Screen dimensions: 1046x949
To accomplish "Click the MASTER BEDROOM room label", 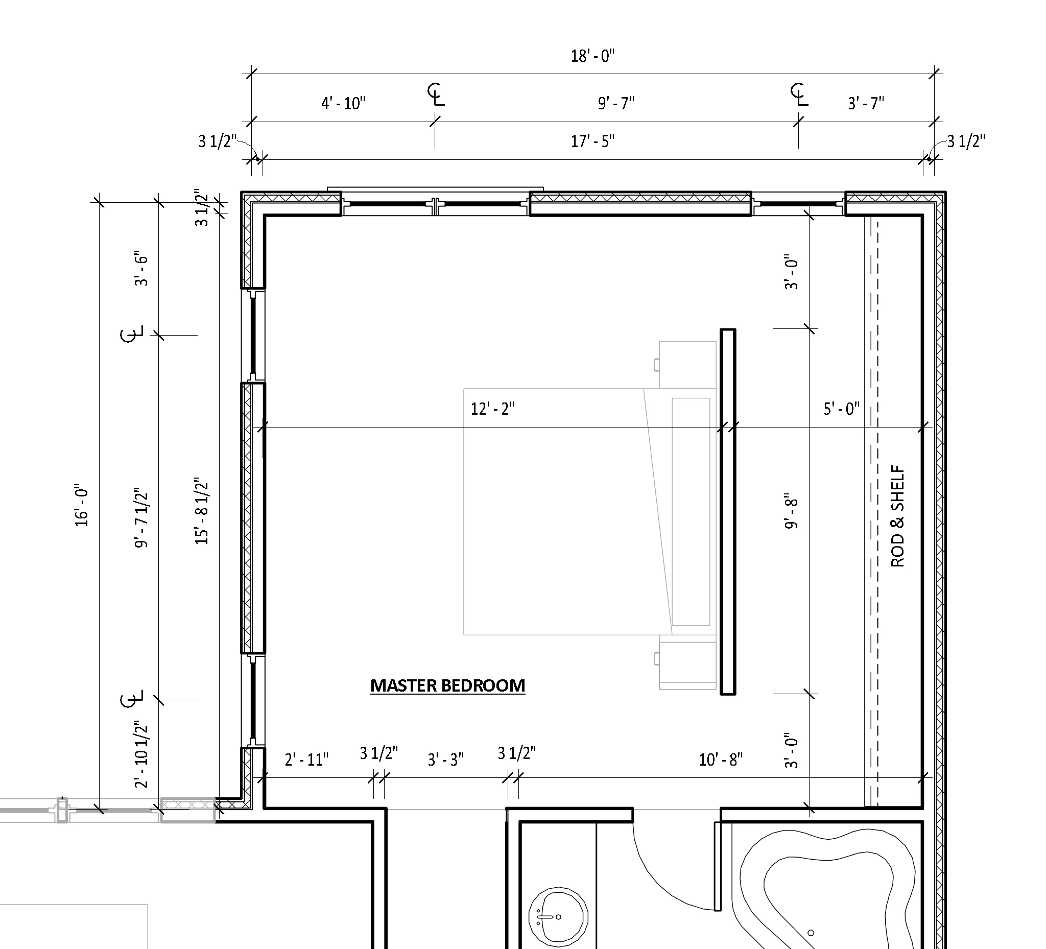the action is click(x=448, y=685).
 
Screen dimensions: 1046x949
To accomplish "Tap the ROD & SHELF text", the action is click(x=897, y=516).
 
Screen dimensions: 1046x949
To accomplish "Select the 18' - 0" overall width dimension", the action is click(x=592, y=56).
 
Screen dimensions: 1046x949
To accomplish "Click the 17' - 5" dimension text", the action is click(x=592, y=140).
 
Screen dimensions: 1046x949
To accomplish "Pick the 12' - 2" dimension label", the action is click(x=492, y=409).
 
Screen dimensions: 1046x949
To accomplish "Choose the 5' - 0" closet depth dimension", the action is click(x=842, y=409).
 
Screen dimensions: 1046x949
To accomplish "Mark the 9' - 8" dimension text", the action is click(x=791, y=511).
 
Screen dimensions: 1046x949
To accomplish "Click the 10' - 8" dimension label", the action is click(x=721, y=760).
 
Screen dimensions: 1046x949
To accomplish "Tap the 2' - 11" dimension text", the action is click(x=306, y=760).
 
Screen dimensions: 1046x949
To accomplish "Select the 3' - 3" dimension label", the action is click(x=446, y=760).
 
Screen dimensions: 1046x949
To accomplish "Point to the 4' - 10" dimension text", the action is click(x=344, y=103).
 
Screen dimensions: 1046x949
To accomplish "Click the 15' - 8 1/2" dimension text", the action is click(x=201, y=511).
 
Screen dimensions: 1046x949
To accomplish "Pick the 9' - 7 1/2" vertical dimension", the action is click(x=141, y=517).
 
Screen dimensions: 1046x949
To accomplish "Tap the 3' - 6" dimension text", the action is click(x=141, y=270).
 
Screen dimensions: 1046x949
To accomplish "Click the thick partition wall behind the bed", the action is click(x=728, y=511).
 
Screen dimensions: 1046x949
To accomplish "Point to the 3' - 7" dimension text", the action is click(x=866, y=103).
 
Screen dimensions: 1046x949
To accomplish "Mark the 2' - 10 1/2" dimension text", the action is click(x=141, y=753).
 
